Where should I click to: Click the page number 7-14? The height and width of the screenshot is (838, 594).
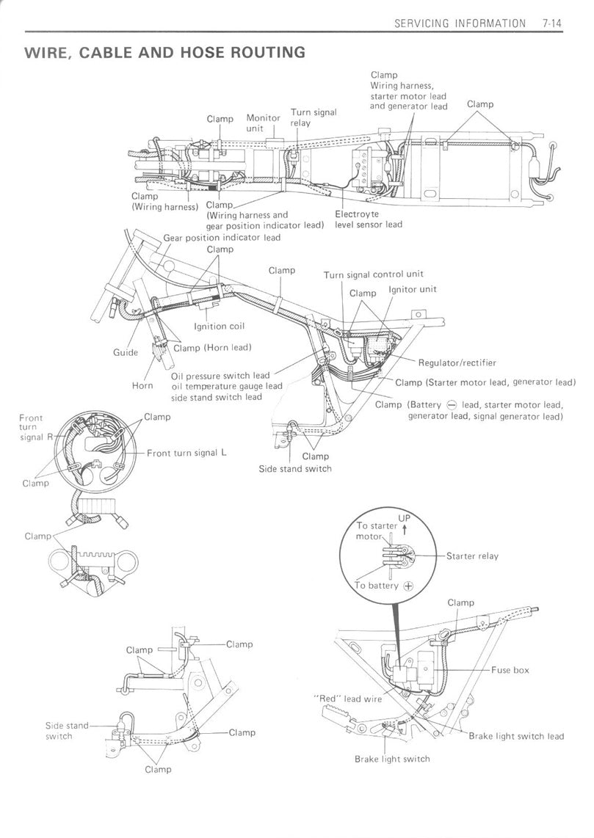coord(552,23)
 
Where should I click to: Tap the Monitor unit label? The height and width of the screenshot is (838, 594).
coord(263,123)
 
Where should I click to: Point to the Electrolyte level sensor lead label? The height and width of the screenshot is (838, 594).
coord(369,219)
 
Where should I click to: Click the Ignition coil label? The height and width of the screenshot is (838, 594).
coord(219,326)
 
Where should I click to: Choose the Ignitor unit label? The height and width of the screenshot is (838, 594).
coord(412,289)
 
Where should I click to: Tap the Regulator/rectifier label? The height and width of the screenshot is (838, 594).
coord(457,362)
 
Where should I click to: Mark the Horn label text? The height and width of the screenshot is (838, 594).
coord(143,385)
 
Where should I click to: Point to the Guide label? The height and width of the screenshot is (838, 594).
coord(126,352)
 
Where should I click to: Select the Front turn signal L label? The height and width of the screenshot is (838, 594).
coord(186,453)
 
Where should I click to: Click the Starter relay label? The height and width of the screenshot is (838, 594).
coord(472,556)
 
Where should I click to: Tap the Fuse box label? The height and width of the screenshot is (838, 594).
coord(510,670)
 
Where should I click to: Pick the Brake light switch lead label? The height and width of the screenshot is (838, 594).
coord(516,736)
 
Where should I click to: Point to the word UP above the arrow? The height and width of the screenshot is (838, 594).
coord(405,519)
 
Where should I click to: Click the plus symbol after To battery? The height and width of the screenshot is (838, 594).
coord(408,586)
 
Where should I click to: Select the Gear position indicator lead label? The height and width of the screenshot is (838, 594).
coord(222,238)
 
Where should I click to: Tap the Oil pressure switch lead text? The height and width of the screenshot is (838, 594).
coord(220,376)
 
